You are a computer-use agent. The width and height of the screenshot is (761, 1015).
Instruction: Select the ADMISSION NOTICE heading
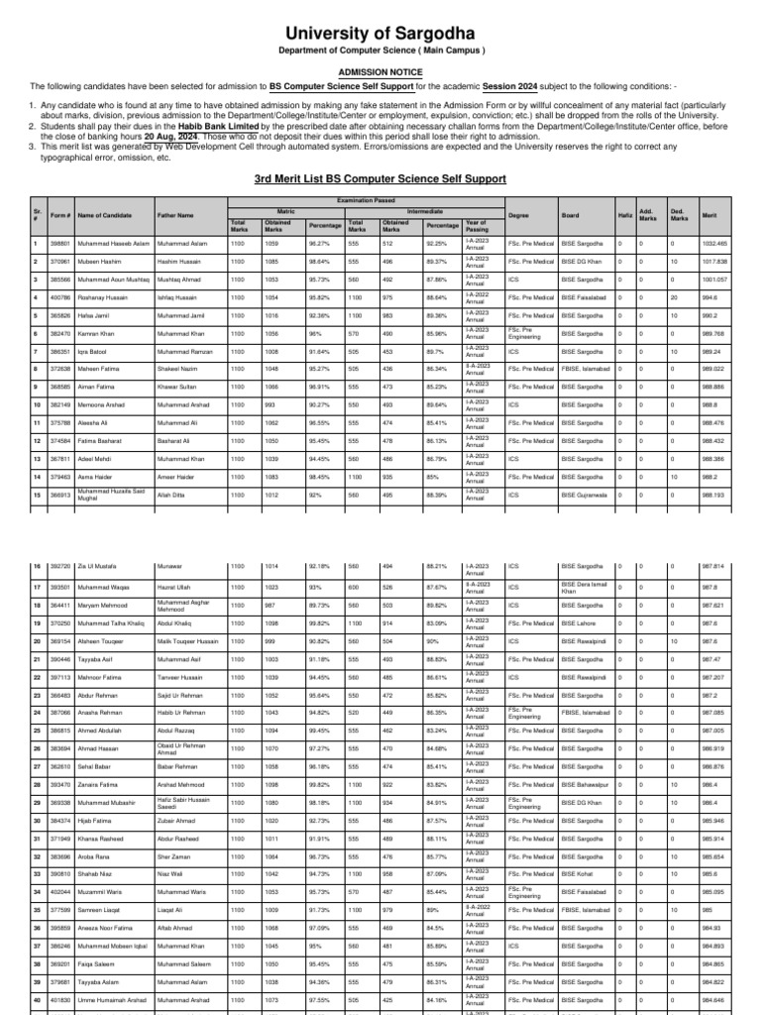click(x=380, y=72)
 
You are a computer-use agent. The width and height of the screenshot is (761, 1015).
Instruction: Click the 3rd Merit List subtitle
click(x=380, y=178)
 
